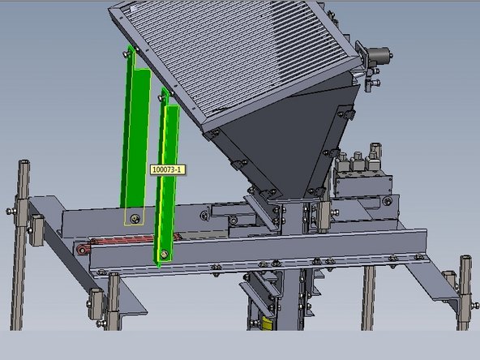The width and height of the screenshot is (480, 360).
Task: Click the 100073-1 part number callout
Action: [169, 169]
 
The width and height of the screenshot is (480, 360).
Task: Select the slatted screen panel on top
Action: [235, 57]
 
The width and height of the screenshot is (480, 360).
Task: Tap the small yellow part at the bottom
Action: [267, 324]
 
